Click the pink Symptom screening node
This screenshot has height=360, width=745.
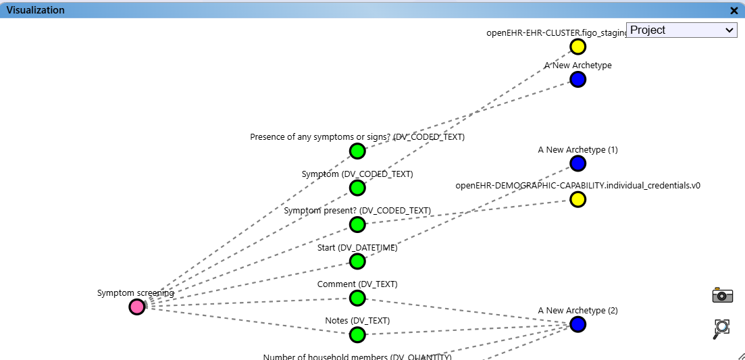(x=137, y=307)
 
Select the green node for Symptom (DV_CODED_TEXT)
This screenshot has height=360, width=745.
(x=357, y=188)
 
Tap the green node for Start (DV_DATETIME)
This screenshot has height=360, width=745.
(x=357, y=261)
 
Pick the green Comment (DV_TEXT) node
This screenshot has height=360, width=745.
(x=357, y=298)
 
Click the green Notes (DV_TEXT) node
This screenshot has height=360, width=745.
(x=357, y=334)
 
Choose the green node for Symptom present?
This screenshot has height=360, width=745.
(x=357, y=224)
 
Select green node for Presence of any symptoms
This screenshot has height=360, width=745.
(x=357, y=151)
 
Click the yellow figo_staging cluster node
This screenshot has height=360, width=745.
(x=577, y=47)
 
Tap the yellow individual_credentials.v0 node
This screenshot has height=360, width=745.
(x=577, y=200)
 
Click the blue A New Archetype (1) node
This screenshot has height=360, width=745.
(x=577, y=163)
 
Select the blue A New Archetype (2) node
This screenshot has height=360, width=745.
(x=577, y=324)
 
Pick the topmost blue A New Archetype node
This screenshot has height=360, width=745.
(x=577, y=80)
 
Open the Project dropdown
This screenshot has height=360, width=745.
(x=682, y=30)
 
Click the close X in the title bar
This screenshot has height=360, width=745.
(x=734, y=10)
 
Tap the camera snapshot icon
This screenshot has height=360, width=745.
(x=722, y=295)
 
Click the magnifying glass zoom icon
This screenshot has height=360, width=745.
(x=722, y=329)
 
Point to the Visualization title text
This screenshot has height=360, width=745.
(x=36, y=10)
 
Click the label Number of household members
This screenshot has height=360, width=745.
(x=357, y=357)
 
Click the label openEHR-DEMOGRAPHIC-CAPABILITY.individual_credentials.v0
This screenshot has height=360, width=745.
(x=577, y=185)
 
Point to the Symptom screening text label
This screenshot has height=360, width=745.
(x=135, y=293)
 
